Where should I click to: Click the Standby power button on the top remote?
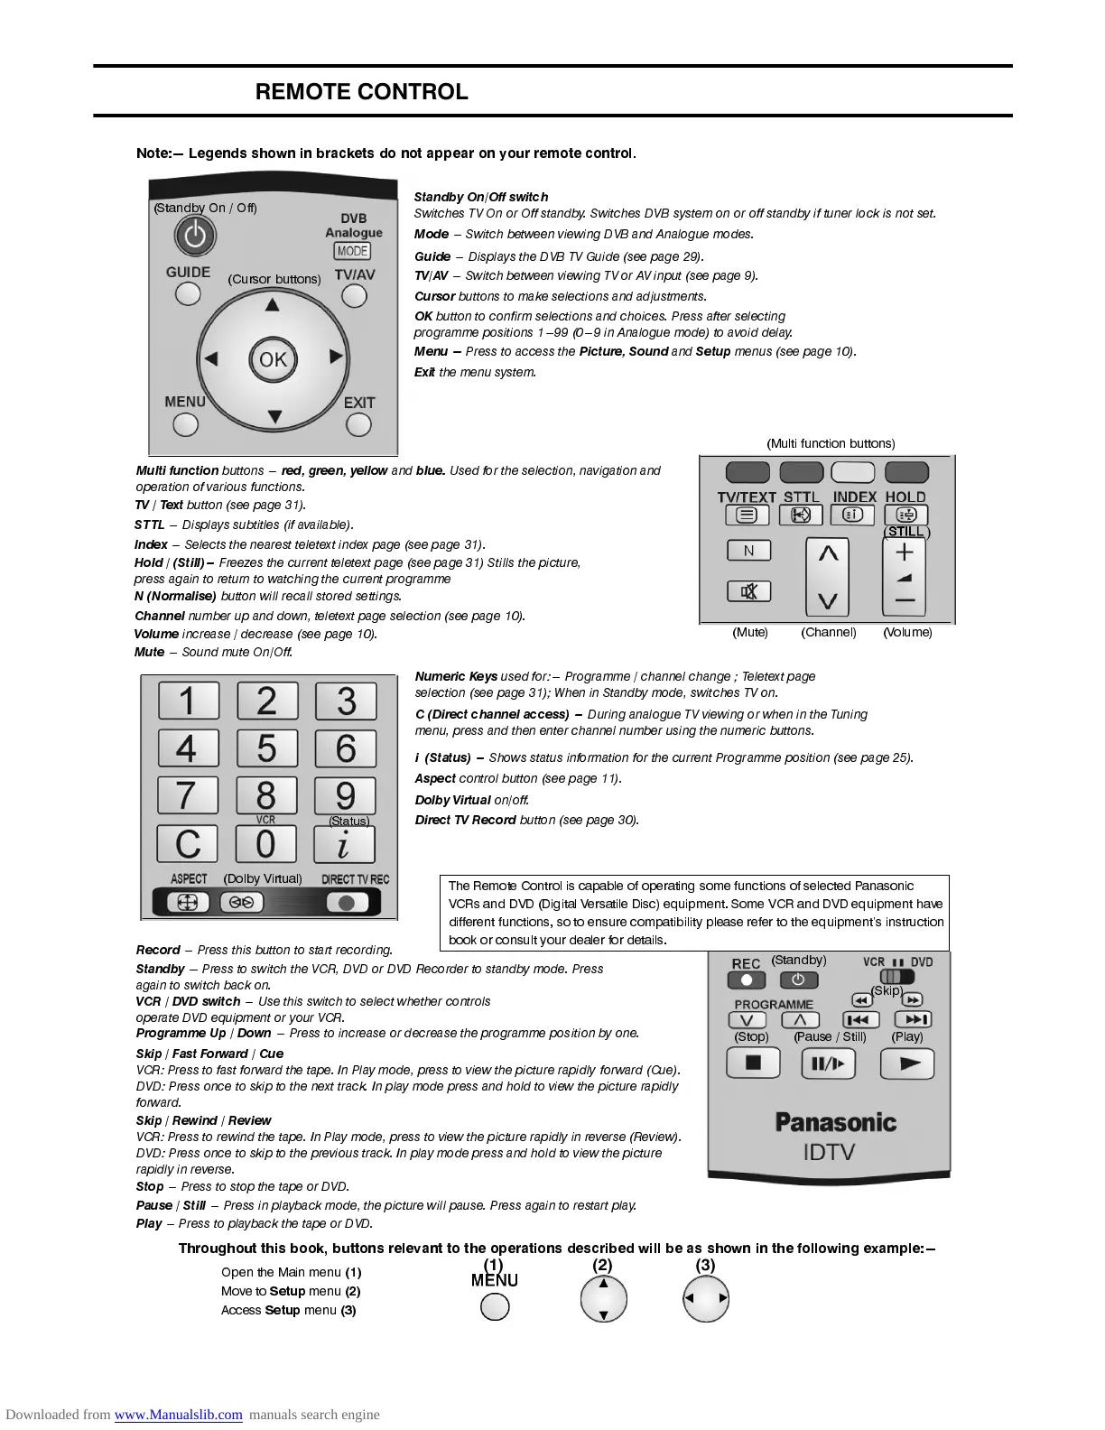click(195, 237)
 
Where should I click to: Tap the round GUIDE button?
click(188, 293)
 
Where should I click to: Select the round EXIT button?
click(359, 424)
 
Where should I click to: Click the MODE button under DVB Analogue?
click(352, 251)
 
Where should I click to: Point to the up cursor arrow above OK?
click(273, 305)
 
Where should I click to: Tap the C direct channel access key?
click(187, 844)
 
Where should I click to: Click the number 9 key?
click(345, 795)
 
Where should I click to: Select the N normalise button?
click(748, 551)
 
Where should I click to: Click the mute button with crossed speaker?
click(748, 591)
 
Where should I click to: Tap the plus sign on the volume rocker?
click(905, 552)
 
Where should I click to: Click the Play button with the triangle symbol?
click(907, 1063)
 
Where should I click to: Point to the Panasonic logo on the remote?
click(835, 1122)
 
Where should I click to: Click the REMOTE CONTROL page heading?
click(361, 92)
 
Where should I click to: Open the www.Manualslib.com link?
click(178, 1415)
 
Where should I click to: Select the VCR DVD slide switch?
click(896, 977)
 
